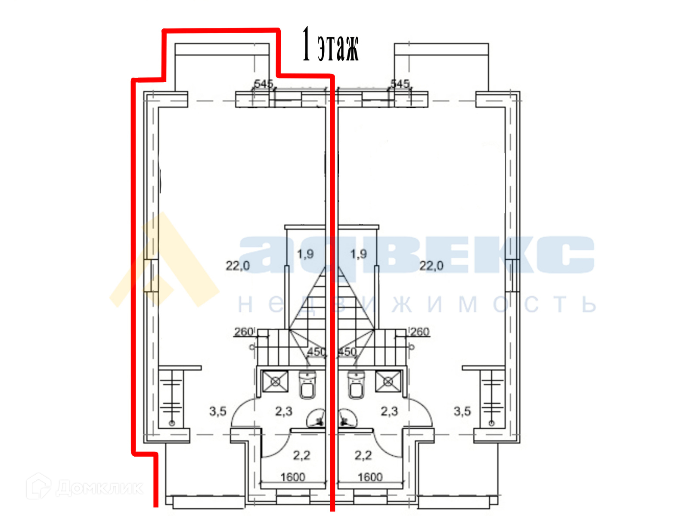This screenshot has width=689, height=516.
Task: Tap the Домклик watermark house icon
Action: (x=39, y=486)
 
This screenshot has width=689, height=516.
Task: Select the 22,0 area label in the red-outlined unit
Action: (x=238, y=266)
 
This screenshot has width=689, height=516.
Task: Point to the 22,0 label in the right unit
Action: (x=431, y=266)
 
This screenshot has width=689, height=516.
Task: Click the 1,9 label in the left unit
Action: (x=305, y=254)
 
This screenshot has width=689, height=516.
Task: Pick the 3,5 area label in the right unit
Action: (x=462, y=411)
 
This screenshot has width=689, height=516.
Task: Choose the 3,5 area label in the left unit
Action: (x=218, y=411)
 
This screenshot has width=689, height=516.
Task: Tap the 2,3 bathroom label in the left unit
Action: (x=284, y=411)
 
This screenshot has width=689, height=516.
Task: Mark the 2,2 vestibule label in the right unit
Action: (x=363, y=455)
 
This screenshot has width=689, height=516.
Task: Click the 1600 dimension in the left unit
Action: (x=292, y=477)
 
